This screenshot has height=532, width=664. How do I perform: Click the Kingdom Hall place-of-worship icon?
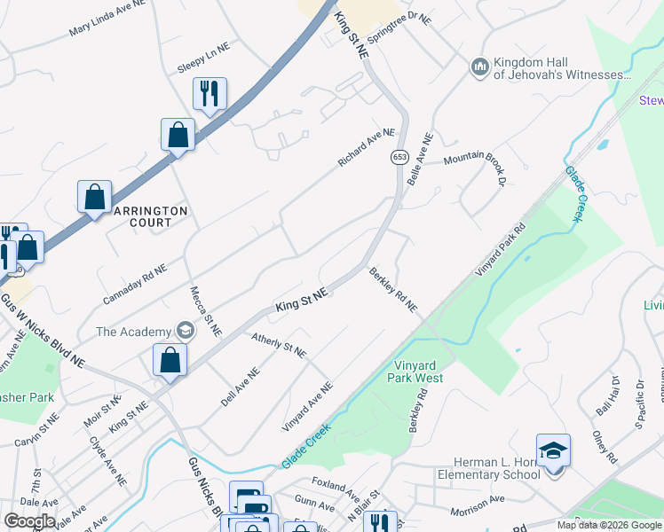pyautogui.click(x=480, y=67)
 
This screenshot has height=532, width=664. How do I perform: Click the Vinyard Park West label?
pyautogui.click(x=415, y=371)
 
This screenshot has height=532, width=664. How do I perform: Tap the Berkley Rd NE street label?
pyautogui.click(x=392, y=289)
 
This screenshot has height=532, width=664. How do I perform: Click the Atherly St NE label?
pyautogui.click(x=279, y=345)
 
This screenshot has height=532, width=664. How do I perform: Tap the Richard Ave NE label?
pyautogui.click(x=365, y=147)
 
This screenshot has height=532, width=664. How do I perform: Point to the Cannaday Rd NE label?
pyautogui.click(x=134, y=284)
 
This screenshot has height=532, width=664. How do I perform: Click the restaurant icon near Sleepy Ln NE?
pyautogui.click(x=209, y=92)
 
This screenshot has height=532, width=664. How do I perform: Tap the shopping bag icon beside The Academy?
pyautogui.click(x=169, y=359)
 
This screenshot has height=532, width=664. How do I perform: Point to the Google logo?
pyautogui.click(x=29, y=521)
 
